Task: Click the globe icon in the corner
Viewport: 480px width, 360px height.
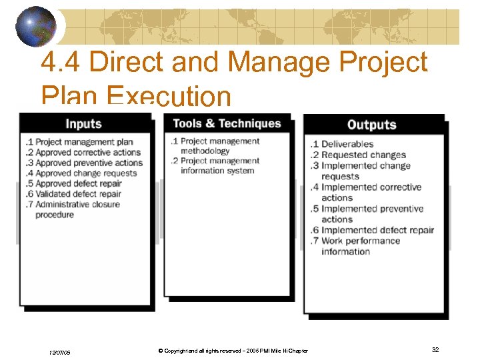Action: [37, 26]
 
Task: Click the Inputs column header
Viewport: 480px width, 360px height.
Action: [83, 124]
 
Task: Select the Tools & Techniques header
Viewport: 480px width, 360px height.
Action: [227, 123]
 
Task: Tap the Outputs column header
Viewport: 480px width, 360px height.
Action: [371, 125]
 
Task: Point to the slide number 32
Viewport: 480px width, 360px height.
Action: [435, 349]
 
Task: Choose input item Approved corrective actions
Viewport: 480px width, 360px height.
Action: [87, 152]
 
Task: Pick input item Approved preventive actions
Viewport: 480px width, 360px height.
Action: [88, 163]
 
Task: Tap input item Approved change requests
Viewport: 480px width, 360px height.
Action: [85, 173]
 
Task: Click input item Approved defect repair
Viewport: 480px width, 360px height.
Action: [78, 183]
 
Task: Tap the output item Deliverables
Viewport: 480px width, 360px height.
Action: [347, 144]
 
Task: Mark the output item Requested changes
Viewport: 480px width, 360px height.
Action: [363, 155]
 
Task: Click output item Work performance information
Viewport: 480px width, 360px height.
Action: [360, 246]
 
